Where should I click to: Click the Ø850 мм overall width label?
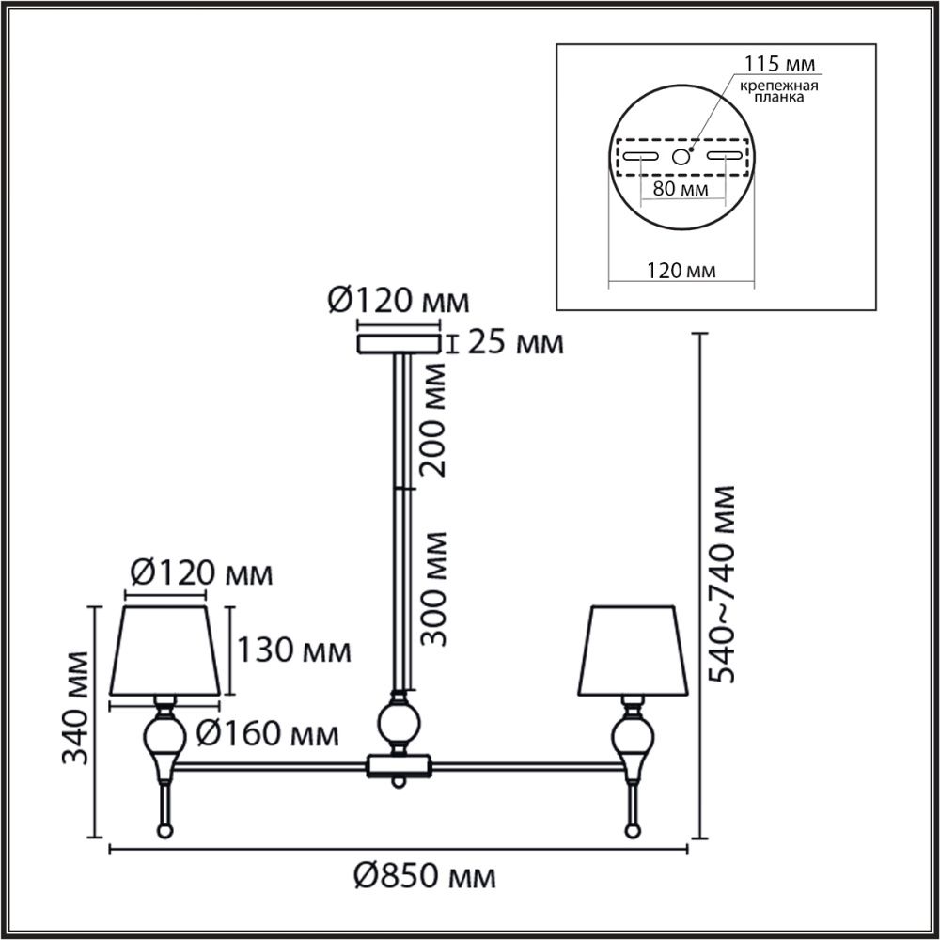point(425,877)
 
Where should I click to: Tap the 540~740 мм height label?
point(721,584)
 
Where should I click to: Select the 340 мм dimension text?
point(76,708)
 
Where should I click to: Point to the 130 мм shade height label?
point(293,650)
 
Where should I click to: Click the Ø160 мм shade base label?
point(267,732)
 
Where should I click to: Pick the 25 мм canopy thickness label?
point(515,343)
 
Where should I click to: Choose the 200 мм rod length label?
point(432,420)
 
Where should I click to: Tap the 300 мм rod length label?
point(433,588)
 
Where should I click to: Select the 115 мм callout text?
point(779,64)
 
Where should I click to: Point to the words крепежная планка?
point(778,91)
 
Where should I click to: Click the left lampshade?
point(164,650)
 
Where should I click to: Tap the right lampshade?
point(633,650)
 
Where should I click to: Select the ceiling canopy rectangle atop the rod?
point(399,344)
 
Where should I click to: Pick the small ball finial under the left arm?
point(164,832)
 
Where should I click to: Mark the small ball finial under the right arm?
point(632,832)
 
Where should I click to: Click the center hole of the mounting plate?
point(681,157)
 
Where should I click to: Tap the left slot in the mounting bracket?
point(640,156)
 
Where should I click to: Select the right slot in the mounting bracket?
point(724,156)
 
